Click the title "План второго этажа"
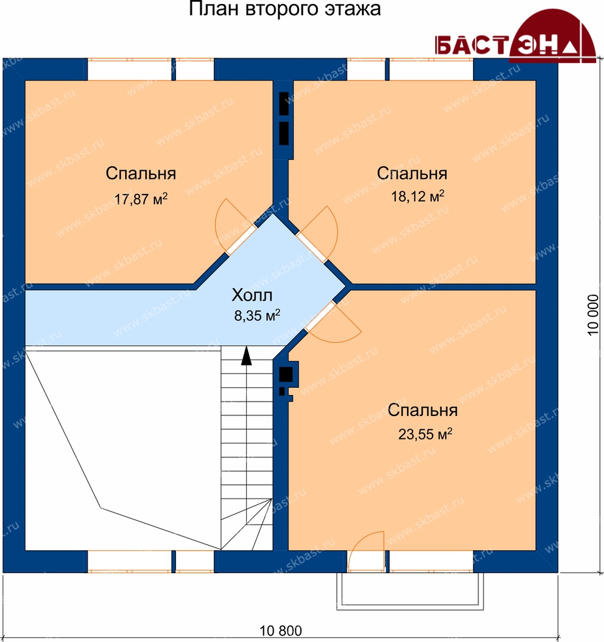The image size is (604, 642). (x=285, y=9)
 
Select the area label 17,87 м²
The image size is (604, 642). (x=141, y=199)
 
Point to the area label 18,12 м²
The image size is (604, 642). (x=417, y=197)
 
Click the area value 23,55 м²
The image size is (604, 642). (x=425, y=434)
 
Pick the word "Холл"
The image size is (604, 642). (x=252, y=295)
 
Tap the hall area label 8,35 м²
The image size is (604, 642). (x=257, y=316)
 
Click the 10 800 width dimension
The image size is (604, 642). (x=281, y=631)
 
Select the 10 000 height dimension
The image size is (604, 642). (x=593, y=315)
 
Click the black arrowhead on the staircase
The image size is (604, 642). (x=246, y=356)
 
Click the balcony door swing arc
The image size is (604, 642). (x=360, y=540)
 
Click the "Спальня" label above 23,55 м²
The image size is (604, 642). (x=423, y=410)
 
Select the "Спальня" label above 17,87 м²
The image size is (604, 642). (x=141, y=174)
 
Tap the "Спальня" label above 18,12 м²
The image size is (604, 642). (x=412, y=174)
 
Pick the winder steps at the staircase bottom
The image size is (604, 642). (x=247, y=524)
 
